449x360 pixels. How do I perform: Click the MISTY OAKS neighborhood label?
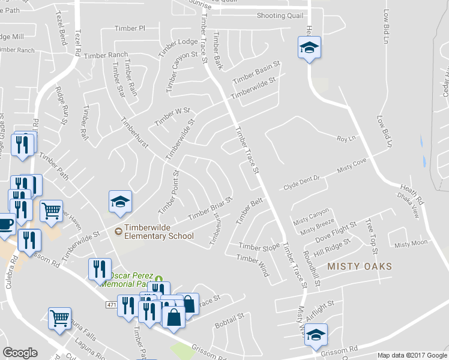[x=360, y=266]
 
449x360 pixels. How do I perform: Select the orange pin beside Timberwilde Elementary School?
[x=118, y=230]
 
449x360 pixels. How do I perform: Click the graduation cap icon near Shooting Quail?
[x=309, y=47]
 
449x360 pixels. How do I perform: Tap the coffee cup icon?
[x=6, y=224]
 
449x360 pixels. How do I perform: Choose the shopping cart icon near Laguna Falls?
[x=59, y=319]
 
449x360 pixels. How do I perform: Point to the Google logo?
[x=20, y=353]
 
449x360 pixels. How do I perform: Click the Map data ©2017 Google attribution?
[x=412, y=355]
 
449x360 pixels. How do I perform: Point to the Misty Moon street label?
[x=411, y=243]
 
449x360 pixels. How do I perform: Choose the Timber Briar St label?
[x=209, y=208]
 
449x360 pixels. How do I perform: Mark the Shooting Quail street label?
[x=280, y=16]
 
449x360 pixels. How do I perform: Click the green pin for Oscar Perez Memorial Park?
[x=158, y=278]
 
